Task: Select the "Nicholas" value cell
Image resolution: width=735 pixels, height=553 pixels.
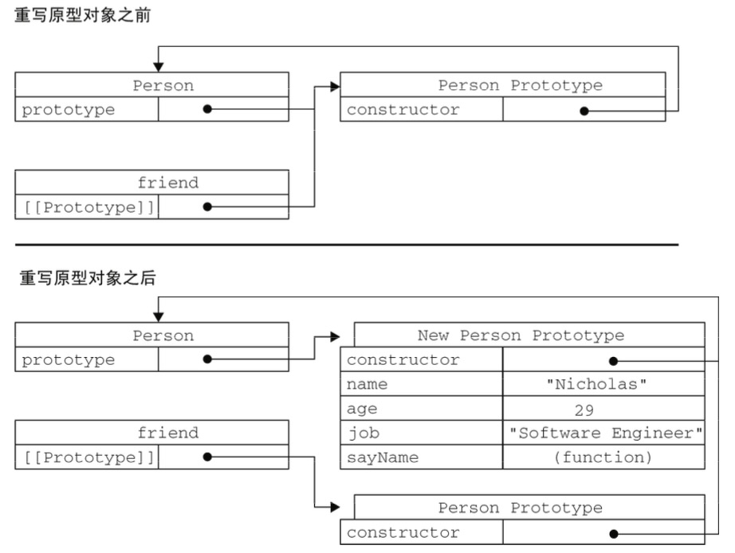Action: point(603,385)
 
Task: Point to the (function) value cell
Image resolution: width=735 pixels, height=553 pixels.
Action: point(603,457)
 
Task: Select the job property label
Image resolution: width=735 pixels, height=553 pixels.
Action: point(363,433)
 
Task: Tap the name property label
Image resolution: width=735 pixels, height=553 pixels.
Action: point(367,385)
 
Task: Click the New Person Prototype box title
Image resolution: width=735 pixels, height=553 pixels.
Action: point(521,335)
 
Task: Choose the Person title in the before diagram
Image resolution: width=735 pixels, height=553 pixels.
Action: point(163,86)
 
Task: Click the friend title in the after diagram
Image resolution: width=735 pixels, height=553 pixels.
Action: point(167,433)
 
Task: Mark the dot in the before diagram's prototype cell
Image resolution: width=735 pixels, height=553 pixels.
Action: point(207,110)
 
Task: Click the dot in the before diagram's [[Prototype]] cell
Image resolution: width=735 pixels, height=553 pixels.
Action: point(207,206)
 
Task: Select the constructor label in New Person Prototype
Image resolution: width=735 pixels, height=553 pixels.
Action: point(403,360)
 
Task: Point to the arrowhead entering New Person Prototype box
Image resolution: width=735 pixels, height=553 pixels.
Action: point(334,336)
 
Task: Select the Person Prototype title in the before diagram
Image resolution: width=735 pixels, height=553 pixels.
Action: point(520,86)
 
